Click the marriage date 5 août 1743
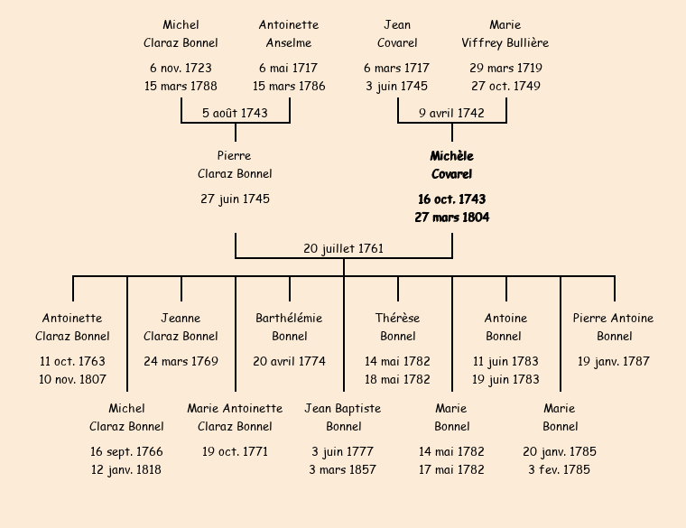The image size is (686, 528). coord(235,113)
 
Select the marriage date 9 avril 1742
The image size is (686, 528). coord(451,113)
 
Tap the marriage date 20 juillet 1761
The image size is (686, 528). coord(343,248)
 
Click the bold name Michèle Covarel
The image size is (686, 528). coord(451,165)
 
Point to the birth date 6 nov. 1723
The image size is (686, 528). coord(181,68)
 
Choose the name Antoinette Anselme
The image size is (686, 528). coord(289,33)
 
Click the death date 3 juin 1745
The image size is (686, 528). coord(397,86)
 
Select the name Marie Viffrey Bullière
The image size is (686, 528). coord(505,33)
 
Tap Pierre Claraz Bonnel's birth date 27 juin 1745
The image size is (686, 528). coord(235,199)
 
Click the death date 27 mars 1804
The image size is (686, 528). coord(451,217)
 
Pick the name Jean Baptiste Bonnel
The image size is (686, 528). coord(343,417)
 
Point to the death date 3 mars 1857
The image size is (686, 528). coord(343,469)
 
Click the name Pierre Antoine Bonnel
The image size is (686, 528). coord(614,327)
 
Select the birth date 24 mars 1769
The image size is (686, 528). coord(181,361)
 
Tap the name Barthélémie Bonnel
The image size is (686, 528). coord(289,327)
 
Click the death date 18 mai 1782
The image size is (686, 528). coord(397,379)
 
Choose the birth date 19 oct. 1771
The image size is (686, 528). coord(235,451)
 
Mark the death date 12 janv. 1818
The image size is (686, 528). coord(126,469)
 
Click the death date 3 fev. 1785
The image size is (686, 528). coord(560,469)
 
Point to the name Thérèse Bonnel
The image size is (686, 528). coord(397,327)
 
